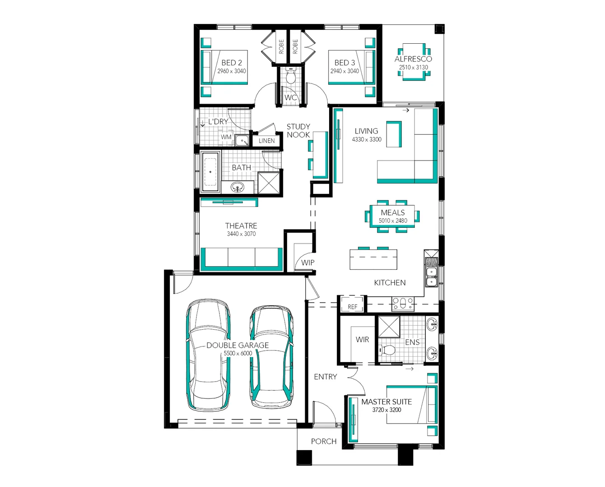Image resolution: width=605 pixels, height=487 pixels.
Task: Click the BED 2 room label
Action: tap(231, 63)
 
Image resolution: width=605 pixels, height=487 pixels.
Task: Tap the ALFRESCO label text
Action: tap(413, 59)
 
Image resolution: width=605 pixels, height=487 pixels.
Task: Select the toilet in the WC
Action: tap(291, 76)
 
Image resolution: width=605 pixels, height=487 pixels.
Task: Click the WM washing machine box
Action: tap(226, 137)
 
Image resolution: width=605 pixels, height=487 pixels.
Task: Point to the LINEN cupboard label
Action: tap(266, 141)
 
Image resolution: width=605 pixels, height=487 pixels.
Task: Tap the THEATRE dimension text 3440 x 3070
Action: tap(241, 234)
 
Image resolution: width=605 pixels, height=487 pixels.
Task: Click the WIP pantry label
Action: tap(307, 262)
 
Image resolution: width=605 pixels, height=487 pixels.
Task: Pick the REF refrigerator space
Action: tap(352, 304)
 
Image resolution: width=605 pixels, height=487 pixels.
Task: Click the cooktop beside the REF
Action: tap(402, 303)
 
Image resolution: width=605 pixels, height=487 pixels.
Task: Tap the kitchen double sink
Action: tap(432, 273)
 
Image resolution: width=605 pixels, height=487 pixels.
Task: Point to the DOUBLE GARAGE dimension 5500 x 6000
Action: tap(238, 354)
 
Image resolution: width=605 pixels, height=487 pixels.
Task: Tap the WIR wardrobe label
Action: tap(362, 340)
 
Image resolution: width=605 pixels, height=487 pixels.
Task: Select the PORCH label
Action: tap(324, 441)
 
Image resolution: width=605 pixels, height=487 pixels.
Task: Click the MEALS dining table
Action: tap(392, 216)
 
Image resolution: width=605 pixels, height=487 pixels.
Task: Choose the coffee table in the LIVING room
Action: tap(394, 134)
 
